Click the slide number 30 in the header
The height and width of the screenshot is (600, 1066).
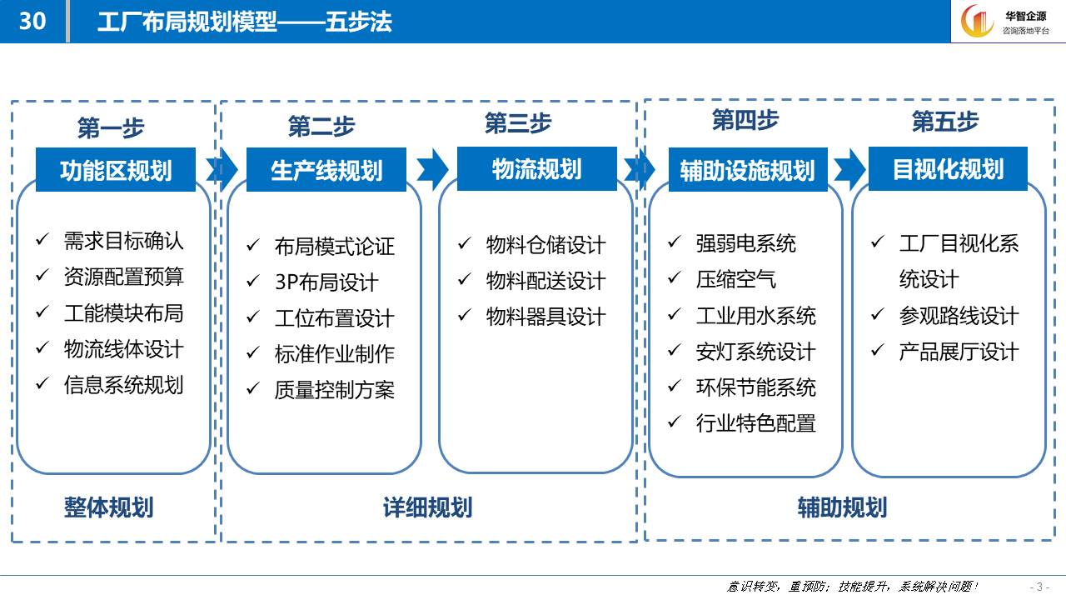32,21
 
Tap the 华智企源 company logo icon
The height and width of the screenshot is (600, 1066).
977,21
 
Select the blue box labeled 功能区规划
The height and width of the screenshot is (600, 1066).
116,170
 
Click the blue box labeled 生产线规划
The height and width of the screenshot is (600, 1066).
326,170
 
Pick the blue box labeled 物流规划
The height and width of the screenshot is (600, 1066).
537,169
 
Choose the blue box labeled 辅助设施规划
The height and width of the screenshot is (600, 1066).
748,170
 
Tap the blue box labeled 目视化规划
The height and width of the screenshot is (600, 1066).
948,169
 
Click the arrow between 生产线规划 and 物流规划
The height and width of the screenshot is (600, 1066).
432,169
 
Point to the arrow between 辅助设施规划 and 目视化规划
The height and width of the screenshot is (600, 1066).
849,169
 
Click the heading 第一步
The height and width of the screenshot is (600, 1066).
111,127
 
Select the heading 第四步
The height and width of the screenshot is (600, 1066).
745,119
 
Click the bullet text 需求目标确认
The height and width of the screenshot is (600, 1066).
124,241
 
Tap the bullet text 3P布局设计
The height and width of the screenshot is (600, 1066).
326,282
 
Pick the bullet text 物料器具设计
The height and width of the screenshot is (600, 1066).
545,317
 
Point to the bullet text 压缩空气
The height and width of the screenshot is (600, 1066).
735,279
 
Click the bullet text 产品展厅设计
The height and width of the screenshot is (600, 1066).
959,352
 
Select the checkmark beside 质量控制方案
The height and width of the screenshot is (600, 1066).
252,388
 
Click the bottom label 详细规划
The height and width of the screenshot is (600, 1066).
428,507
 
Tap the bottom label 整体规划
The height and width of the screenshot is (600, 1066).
109,507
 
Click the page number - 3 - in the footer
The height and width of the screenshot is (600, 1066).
1039,587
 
